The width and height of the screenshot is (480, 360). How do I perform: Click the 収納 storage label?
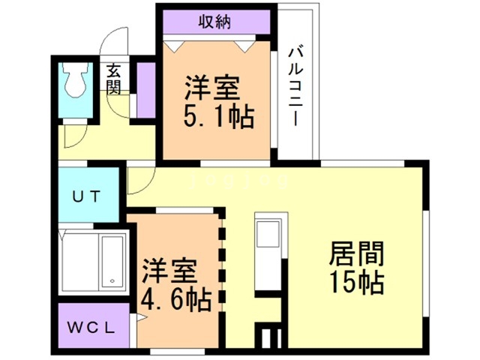(x=214, y=22)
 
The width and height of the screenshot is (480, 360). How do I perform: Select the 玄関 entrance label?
(x=113, y=79)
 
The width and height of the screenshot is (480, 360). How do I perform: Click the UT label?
(x=88, y=197)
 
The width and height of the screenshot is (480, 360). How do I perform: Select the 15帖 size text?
(x=356, y=281)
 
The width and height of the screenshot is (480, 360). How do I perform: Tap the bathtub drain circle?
(x=112, y=280)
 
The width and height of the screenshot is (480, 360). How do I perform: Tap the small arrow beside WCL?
(x=139, y=318)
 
